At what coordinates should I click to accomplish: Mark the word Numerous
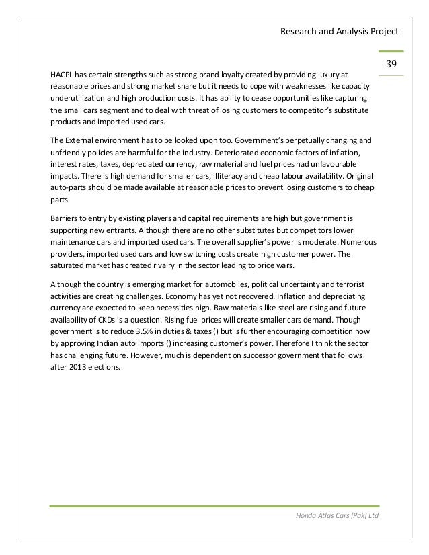[x=356, y=243]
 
